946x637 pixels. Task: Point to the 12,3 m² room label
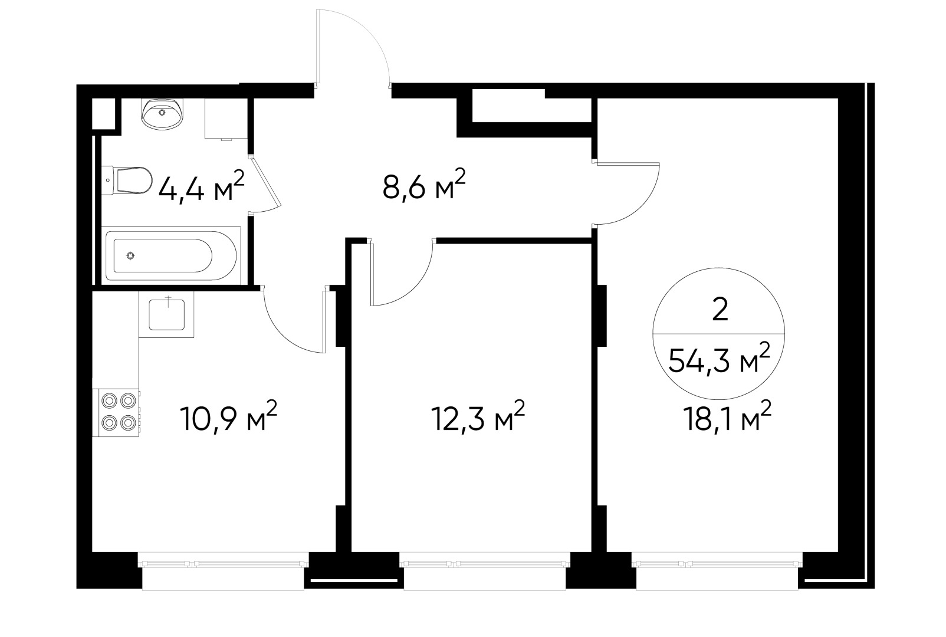pyautogui.click(x=477, y=418)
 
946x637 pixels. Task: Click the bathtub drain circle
pyautogui.click(x=130, y=255)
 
